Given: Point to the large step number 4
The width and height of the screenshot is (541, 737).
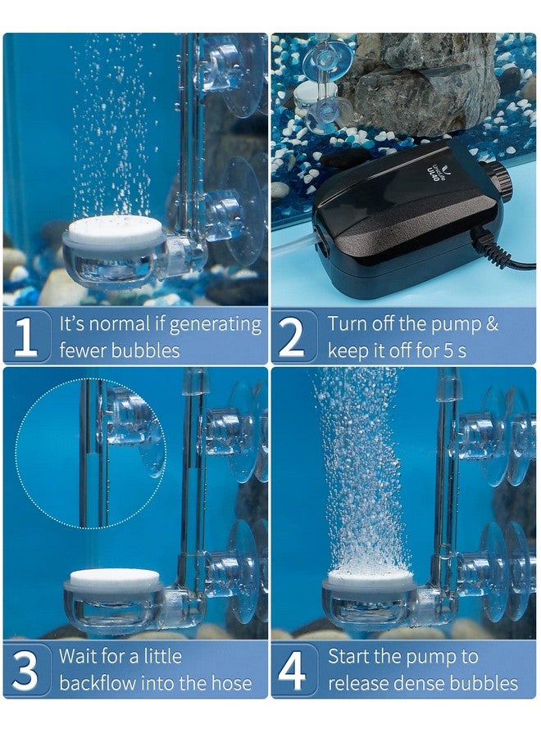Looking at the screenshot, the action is [x=292, y=670].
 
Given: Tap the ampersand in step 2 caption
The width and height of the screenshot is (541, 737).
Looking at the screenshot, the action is [x=492, y=323].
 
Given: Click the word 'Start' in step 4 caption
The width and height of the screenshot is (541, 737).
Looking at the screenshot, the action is [x=349, y=656].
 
